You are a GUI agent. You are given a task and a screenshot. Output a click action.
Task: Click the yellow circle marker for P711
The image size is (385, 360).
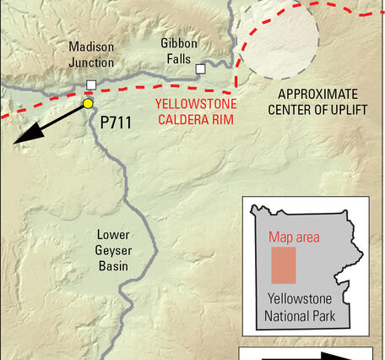click(88, 103)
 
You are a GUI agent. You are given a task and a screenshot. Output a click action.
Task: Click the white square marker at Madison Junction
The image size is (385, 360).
click(91, 85)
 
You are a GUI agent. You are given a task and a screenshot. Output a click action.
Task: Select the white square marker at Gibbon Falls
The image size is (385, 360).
click(200, 69)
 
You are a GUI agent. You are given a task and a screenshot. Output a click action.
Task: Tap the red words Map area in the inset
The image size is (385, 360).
click(295, 237)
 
